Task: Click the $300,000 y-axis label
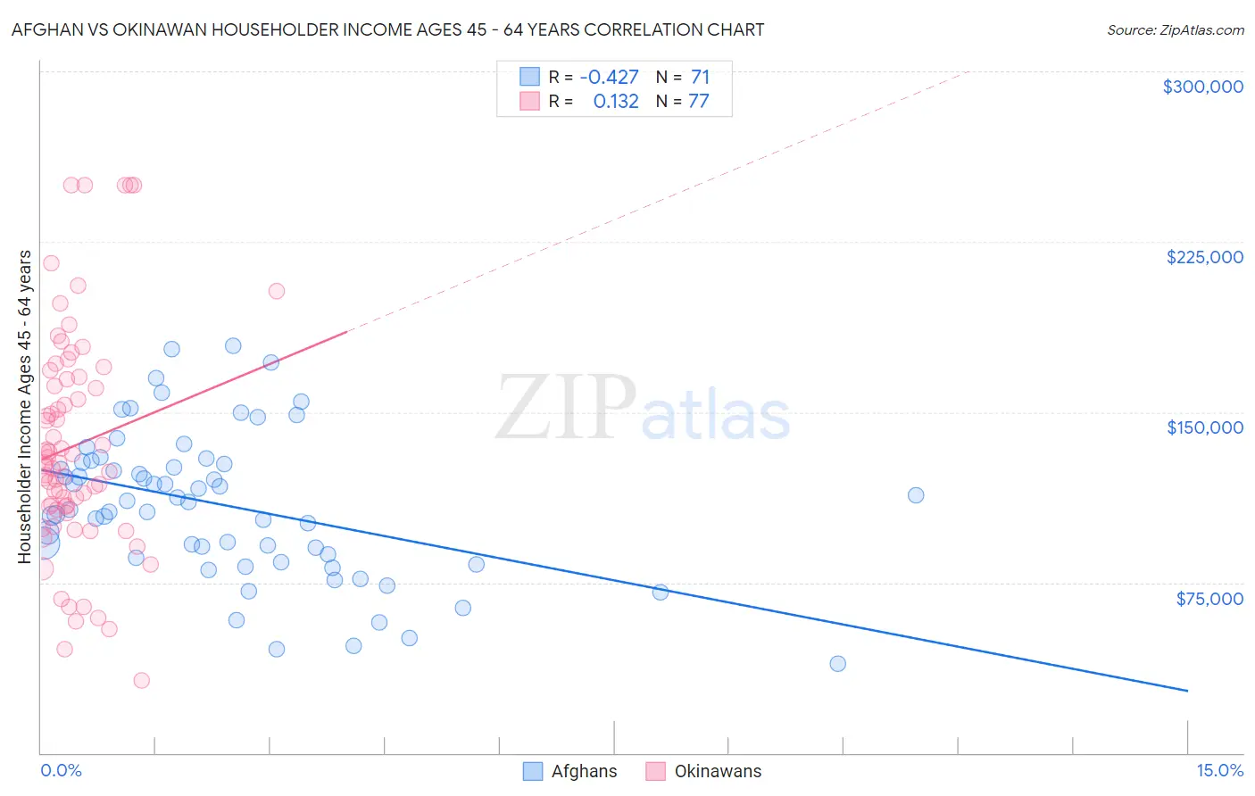(x=1202, y=87)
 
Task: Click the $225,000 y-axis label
(x=1204, y=257)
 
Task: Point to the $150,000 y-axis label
(x=1204, y=427)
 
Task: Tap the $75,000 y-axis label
(x=1209, y=598)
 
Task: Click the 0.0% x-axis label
(x=61, y=770)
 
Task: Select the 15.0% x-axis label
(x=1219, y=770)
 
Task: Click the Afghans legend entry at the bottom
(x=584, y=771)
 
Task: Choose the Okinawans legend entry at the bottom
(x=718, y=771)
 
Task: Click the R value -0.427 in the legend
(x=609, y=77)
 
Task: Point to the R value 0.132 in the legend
(x=616, y=101)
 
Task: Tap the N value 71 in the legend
(x=700, y=77)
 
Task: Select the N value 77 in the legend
(x=698, y=101)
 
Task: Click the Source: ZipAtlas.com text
(x=1175, y=29)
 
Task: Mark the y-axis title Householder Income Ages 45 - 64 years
(x=24, y=406)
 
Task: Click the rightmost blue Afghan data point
(x=915, y=495)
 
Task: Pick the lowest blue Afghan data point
(x=837, y=663)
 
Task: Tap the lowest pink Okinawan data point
(x=141, y=680)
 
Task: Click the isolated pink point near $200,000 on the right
(x=276, y=291)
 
